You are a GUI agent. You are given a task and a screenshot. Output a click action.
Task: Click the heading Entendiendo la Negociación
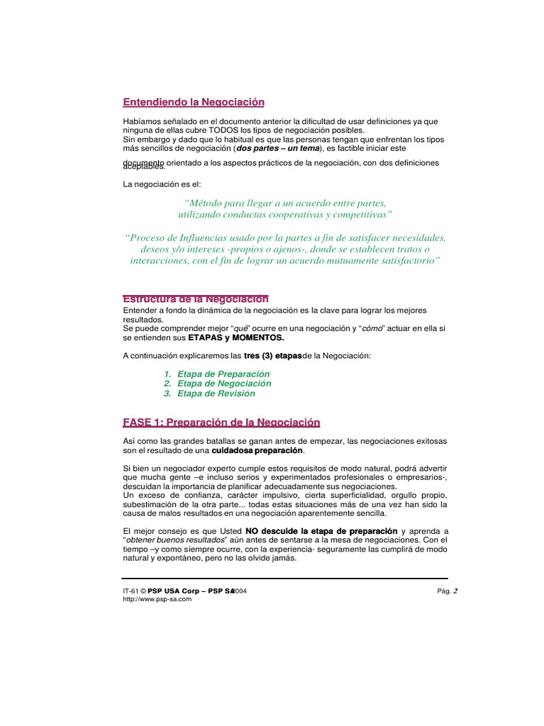tap(193, 102)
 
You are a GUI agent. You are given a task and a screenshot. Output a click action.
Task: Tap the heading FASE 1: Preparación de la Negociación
tap(222, 423)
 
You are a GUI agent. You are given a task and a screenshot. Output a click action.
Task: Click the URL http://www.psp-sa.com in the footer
tap(157, 599)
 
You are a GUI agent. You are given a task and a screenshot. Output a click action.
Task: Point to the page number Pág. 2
tap(448, 591)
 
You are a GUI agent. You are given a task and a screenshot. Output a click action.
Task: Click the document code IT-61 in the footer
tap(130, 591)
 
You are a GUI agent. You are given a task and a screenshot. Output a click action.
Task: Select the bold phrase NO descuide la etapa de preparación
tap(321, 531)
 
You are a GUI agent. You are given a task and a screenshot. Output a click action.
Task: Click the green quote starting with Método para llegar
tap(285, 208)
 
